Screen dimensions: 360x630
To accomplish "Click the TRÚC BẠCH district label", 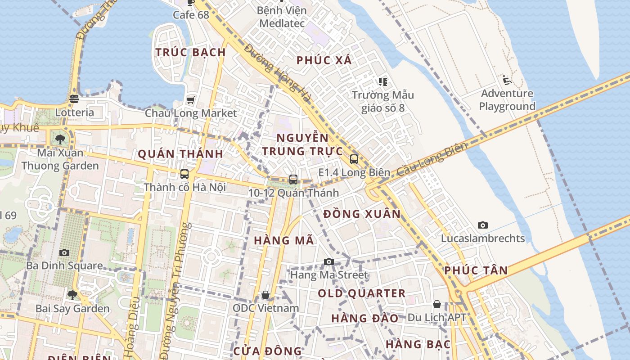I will (x=190, y=52).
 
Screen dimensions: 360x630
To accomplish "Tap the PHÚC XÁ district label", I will (x=324, y=60).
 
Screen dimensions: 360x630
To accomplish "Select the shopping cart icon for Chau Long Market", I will (x=191, y=99).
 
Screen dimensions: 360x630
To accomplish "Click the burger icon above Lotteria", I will (x=75, y=99).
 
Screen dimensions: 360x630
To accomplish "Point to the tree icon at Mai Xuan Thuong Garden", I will (x=60, y=139).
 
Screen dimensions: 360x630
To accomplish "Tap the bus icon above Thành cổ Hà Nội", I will (x=184, y=174).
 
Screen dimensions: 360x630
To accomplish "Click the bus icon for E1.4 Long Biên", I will (x=354, y=159).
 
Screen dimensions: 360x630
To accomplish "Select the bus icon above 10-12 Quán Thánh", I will (x=293, y=179).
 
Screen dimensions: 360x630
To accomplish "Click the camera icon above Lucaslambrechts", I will (x=483, y=225).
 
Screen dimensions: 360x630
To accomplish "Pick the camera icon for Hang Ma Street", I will (x=329, y=261).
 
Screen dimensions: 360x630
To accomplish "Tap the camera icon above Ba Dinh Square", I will (x=64, y=252).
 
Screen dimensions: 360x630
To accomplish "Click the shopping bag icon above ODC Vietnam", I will (x=265, y=295).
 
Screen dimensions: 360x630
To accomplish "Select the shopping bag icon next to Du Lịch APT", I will (x=436, y=304).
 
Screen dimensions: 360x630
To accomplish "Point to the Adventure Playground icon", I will (x=507, y=80).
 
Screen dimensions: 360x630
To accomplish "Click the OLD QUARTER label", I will (x=362, y=293).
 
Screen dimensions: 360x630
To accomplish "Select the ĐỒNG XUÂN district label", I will (x=362, y=214).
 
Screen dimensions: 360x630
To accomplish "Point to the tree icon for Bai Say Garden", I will (x=72, y=295).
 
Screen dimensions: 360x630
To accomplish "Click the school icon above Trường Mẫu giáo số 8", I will (x=383, y=82).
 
